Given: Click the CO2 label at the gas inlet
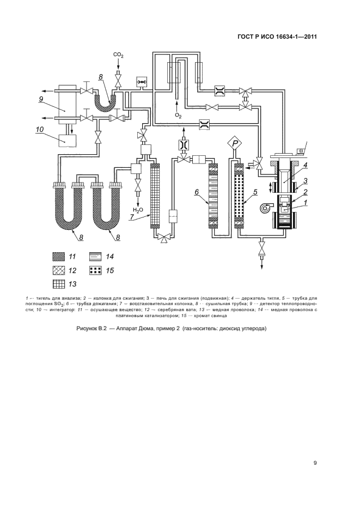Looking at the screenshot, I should tap(118, 55).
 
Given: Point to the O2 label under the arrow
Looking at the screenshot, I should tap(178, 116).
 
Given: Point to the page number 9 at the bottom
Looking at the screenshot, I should tap(315, 463).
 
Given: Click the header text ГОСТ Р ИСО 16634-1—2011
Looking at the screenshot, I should tap(278, 37).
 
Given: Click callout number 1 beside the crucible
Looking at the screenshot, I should tap(306, 203).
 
